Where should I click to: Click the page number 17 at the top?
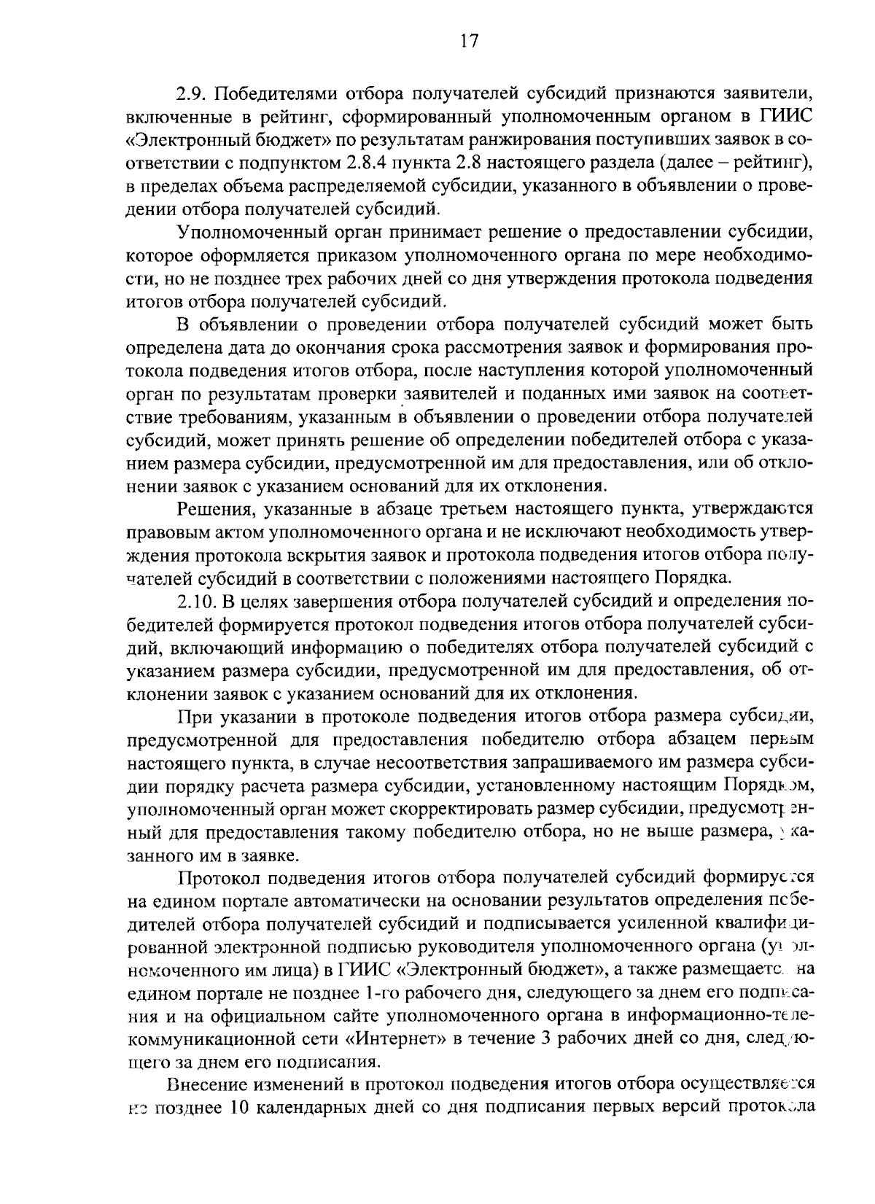tap(469, 42)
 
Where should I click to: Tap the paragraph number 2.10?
tap(197, 602)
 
